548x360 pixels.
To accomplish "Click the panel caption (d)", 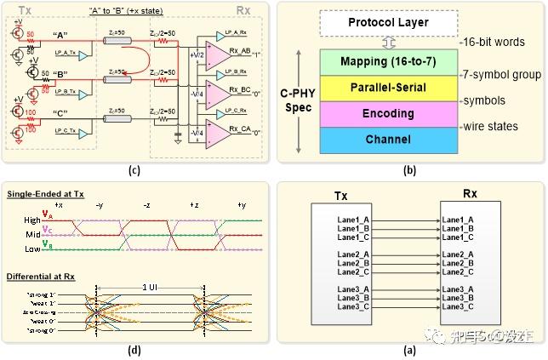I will pos(134,348).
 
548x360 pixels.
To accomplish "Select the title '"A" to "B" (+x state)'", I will pos(128,9).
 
